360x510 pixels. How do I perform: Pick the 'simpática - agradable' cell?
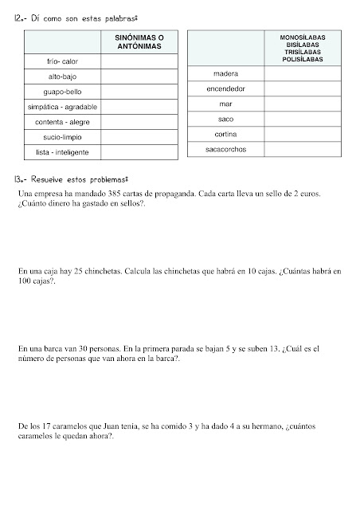(x=63, y=107)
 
